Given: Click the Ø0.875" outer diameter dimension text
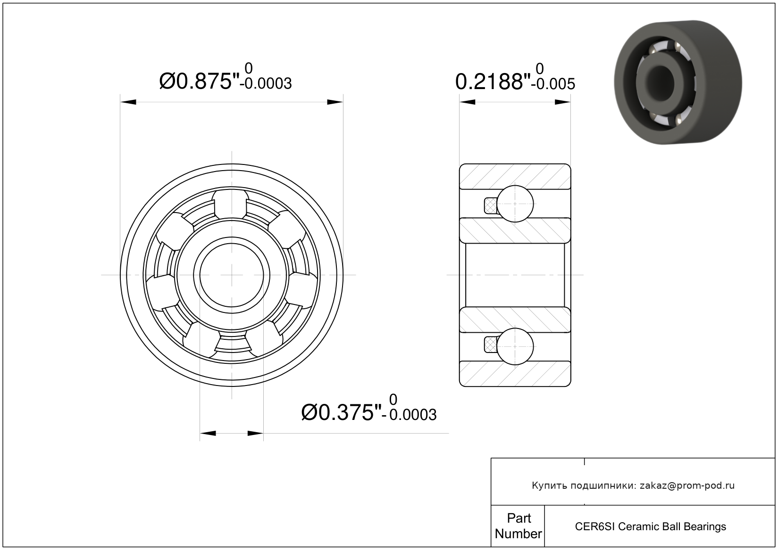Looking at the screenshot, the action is pyautogui.click(x=199, y=81).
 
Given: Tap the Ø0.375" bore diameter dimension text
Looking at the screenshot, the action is pyautogui.click(x=342, y=412).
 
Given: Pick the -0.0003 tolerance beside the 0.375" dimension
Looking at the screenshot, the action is pyautogui.click(x=409, y=415).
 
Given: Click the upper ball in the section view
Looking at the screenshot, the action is pyautogui.click(x=515, y=204).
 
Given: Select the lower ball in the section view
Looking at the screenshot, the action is pyautogui.click(x=515, y=346).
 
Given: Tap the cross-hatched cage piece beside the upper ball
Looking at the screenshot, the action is pyautogui.click(x=490, y=205).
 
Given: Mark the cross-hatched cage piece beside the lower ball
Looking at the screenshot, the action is pyautogui.click(x=490, y=345).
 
